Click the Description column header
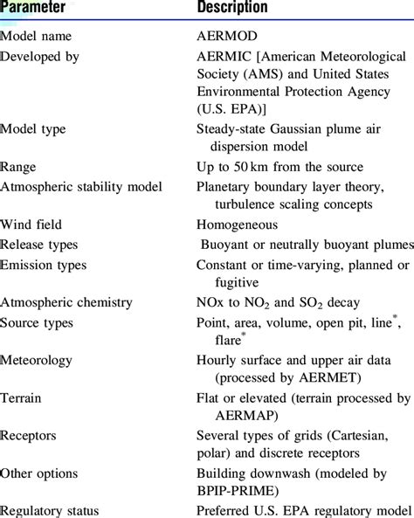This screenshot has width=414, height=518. (x=232, y=8)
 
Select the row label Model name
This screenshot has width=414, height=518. (x=36, y=37)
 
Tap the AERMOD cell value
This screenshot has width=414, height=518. (x=227, y=37)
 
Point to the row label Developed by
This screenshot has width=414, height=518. (x=40, y=56)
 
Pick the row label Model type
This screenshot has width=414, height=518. (x=33, y=129)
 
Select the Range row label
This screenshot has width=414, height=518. (x=18, y=167)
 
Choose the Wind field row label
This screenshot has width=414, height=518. (x=31, y=224)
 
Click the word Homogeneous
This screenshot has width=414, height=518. (x=238, y=224)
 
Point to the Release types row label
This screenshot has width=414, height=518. (x=39, y=245)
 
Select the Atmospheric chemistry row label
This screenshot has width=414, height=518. (x=66, y=302)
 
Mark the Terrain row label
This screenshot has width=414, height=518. (x=20, y=397)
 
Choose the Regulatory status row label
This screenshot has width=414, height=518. (x=50, y=511)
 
